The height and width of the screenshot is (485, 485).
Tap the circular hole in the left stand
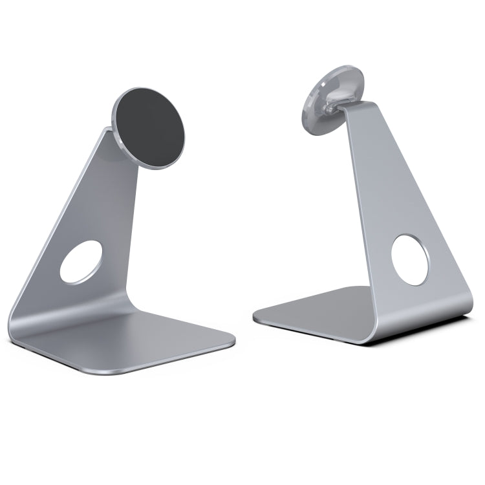(81, 262)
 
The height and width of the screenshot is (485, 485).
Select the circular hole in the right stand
(410, 260)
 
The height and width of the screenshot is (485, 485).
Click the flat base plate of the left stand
(149, 343)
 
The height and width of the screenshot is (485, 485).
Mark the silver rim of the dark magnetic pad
(116, 120)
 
